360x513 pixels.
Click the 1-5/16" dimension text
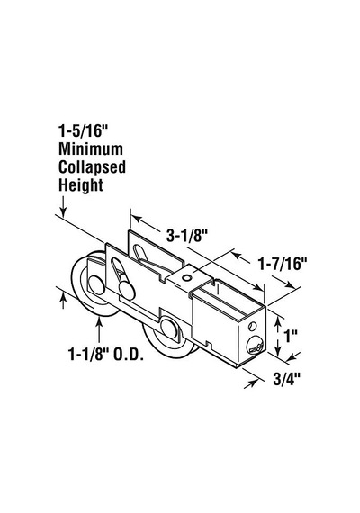click(x=83, y=130)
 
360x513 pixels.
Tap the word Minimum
click(x=91, y=149)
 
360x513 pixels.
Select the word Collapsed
click(x=92, y=167)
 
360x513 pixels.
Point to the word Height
click(x=80, y=185)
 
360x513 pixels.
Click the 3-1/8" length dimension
click(x=187, y=236)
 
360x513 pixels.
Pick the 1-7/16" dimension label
click(x=283, y=264)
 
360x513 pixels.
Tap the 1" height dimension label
click(x=291, y=336)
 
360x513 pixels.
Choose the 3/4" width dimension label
click(x=287, y=379)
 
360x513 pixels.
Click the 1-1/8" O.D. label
click(x=105, y=354)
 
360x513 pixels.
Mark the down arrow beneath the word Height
click(x=63, y=206)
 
